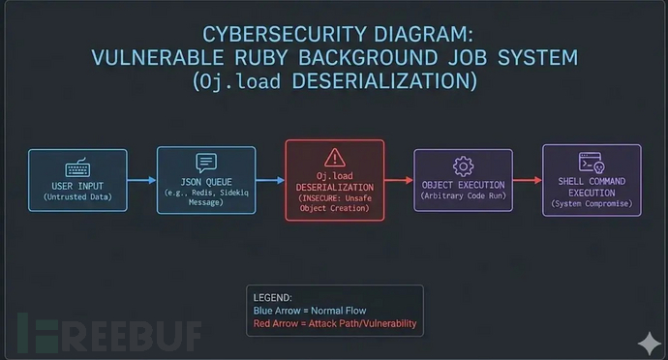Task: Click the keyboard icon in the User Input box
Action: pos(77,166)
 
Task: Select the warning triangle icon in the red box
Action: pos(334,157)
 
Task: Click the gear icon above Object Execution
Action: pos(462,165)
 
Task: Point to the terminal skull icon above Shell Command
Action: pos(591,163)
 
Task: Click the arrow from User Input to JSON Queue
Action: pos(141,180)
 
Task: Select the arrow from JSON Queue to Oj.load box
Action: pos(270,180)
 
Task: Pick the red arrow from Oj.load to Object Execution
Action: pos(399,180)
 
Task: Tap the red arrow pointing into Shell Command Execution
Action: pos(527,180)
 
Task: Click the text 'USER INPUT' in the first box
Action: pos(77,185)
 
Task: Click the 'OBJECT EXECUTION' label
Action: pos(462,185)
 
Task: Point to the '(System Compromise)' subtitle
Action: pos(591,204)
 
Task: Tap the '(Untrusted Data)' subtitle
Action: pos(77,197)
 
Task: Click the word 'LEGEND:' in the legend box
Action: pos(272,296)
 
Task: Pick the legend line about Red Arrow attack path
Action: pos(334,323)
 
